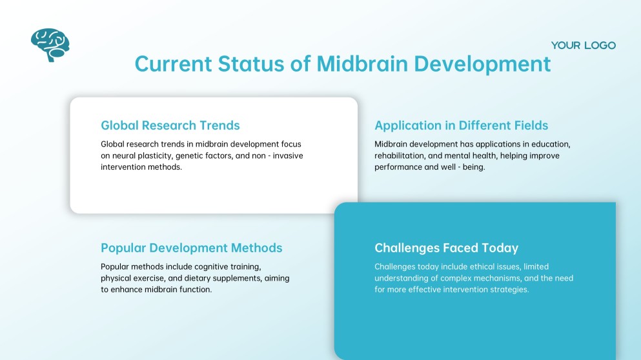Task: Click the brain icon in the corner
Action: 50,45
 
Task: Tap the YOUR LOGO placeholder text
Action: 583,45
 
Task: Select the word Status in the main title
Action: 255,65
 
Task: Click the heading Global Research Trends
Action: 170,125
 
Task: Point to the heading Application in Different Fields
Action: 461,125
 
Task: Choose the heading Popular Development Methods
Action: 191,248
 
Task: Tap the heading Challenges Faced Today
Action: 446,248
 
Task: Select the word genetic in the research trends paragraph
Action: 192,155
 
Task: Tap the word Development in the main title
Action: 482,65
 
